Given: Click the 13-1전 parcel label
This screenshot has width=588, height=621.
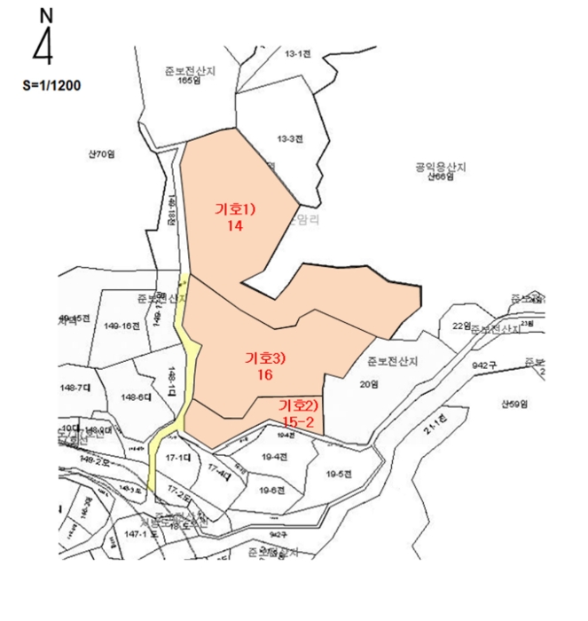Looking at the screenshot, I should tap(296, 54).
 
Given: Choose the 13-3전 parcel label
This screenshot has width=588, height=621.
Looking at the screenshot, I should tap(290, 139).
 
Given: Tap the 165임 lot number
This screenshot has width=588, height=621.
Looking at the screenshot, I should tap(184, 81).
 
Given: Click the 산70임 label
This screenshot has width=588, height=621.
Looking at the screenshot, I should tap(102, 154).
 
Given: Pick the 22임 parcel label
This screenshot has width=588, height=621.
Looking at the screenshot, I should tap(460, 326).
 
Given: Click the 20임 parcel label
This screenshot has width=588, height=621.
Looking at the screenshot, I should tap(369, 384).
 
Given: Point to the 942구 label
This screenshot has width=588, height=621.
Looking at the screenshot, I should tap(483, 365).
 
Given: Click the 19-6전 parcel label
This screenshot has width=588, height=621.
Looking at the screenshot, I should tap(271, 490).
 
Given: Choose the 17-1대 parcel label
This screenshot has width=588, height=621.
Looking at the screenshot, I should tap(178, 458).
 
